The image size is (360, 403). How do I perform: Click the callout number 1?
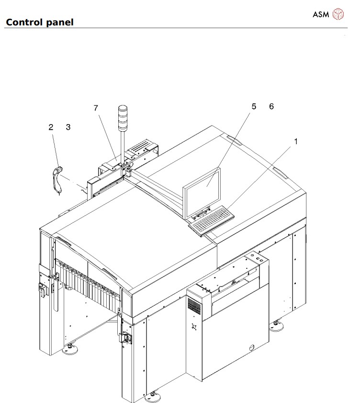[x=296, y=141]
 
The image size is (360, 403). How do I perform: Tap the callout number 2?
[x=51, y=127]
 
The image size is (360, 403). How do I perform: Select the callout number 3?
[x=68, y=127]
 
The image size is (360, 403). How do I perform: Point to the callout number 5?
[x=254, y=106]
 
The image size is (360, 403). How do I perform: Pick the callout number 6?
[x=271, y=106]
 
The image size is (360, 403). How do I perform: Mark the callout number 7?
[x=96, y=108]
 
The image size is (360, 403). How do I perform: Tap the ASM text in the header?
[x=321, y=14]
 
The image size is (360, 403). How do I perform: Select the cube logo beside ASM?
[x=338, y=14]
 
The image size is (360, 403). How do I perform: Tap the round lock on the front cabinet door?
[x=249, y=347]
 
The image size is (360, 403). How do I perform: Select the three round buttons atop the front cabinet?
[x=258, y=259]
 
